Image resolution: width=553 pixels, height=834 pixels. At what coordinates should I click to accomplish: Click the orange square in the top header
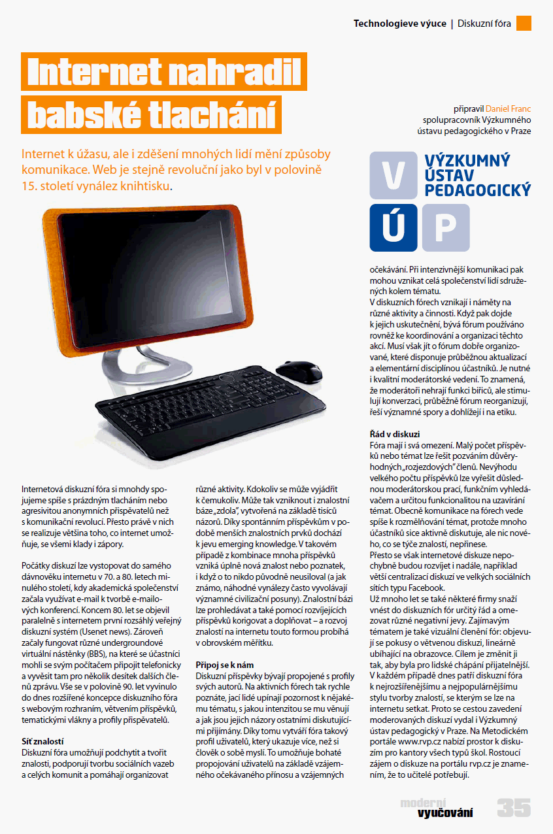[524, 24]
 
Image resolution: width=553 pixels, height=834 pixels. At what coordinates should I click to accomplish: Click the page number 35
[513, 808]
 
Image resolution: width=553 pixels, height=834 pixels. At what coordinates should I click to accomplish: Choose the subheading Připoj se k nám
[220, 664]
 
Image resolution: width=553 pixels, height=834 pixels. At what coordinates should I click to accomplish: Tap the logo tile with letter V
[393, 176]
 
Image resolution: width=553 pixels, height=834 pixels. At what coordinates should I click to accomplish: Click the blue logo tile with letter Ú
[393, 227]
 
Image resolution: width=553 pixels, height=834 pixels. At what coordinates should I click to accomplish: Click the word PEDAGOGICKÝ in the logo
[478, 190]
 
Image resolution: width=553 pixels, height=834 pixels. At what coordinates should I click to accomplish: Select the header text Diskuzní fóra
[484, 24]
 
